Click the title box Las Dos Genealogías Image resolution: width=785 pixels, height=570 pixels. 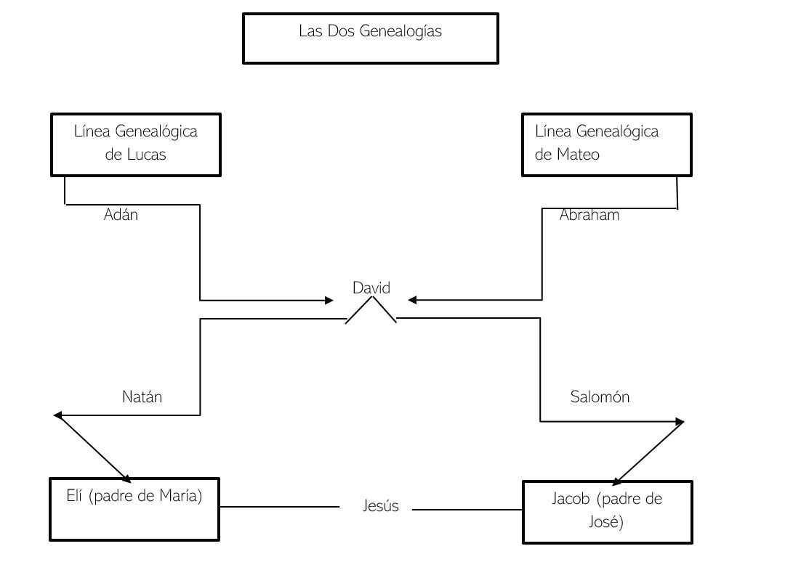coord(370,38)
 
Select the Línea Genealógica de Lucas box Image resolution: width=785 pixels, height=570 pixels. coord(135,144)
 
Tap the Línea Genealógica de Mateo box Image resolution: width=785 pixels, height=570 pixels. coord(606,144)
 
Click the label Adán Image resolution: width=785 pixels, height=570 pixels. coord(121,215)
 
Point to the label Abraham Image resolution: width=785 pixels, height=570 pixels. coord(589,215)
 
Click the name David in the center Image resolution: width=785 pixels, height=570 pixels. coord(371,288)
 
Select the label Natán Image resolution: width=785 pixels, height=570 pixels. coord(142,397)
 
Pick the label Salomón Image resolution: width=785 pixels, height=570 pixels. coord(600,397)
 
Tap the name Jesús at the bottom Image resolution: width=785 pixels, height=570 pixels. coord(380,506)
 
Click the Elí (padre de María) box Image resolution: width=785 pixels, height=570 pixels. coord(134,509)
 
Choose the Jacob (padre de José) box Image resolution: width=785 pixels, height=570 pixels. coord(607,511)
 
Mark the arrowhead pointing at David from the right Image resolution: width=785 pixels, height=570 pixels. coord(412,300)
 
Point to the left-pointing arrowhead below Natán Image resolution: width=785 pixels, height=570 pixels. coord(59,415)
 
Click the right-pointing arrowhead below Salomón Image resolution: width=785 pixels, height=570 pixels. coord(680,421)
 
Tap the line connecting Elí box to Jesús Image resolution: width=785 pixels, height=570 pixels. coord(280,507)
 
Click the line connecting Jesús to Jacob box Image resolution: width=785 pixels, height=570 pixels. coord(467,510)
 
